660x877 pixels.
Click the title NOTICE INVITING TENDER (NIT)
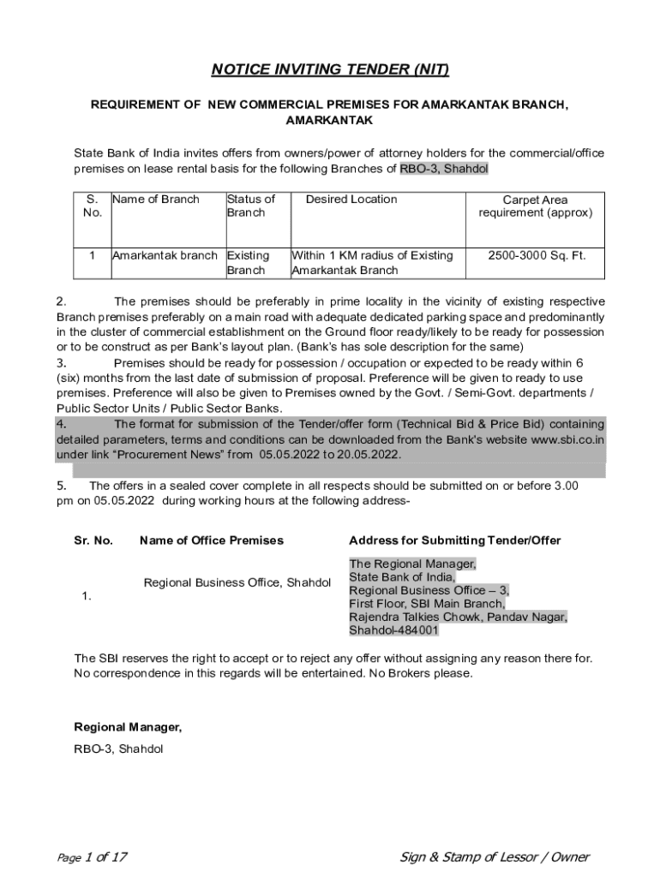(330, 69)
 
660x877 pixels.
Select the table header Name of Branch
(155, 200)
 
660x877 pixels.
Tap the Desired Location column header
(351, 200)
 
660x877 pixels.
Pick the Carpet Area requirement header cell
(535, 206)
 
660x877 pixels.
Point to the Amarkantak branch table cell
(165, 256)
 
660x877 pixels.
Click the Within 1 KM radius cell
(372, 263)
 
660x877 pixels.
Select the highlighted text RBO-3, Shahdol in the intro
(444, 169)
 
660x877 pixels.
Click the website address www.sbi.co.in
(567, 439)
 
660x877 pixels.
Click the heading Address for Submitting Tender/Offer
(454, 540)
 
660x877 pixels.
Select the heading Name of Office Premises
(211, 540)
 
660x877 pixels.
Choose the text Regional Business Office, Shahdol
(237, 582)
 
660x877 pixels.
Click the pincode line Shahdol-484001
(393, 630)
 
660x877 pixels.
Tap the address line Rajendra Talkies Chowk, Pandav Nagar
(458, 617)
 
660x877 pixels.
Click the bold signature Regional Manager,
(128, 727)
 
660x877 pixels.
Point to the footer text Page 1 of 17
(92, 857)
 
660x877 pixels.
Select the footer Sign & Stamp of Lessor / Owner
(495, 857)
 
